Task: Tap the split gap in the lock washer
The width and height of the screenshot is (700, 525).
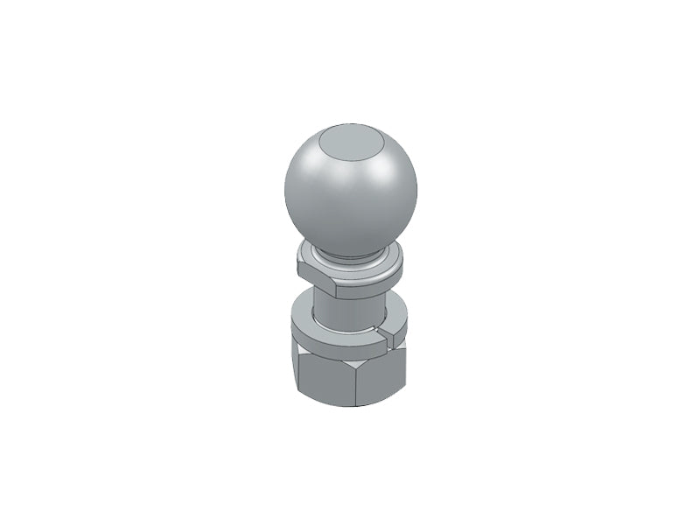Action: (377, 337)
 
